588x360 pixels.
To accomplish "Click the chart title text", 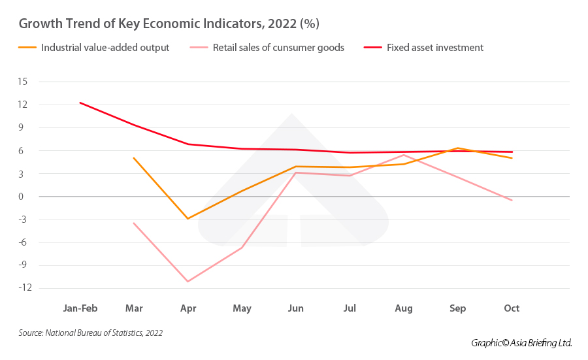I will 169,24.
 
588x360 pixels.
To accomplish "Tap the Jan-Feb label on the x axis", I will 80,308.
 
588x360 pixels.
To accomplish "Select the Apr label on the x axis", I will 188,308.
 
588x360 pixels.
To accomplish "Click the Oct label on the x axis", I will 512,308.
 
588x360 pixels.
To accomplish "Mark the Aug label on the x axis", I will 404,308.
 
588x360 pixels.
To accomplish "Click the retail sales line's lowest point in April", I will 188,282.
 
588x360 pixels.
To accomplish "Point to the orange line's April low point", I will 188,219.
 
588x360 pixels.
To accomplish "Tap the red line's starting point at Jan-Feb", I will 80,103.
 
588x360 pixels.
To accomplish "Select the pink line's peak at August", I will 404,155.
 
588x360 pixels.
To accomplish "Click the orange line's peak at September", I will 458,148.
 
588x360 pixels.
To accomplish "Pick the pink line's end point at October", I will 512,200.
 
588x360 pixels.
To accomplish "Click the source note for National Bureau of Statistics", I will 91,333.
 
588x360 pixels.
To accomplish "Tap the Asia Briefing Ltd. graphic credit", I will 521,343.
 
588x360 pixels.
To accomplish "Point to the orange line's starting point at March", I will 134,158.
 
